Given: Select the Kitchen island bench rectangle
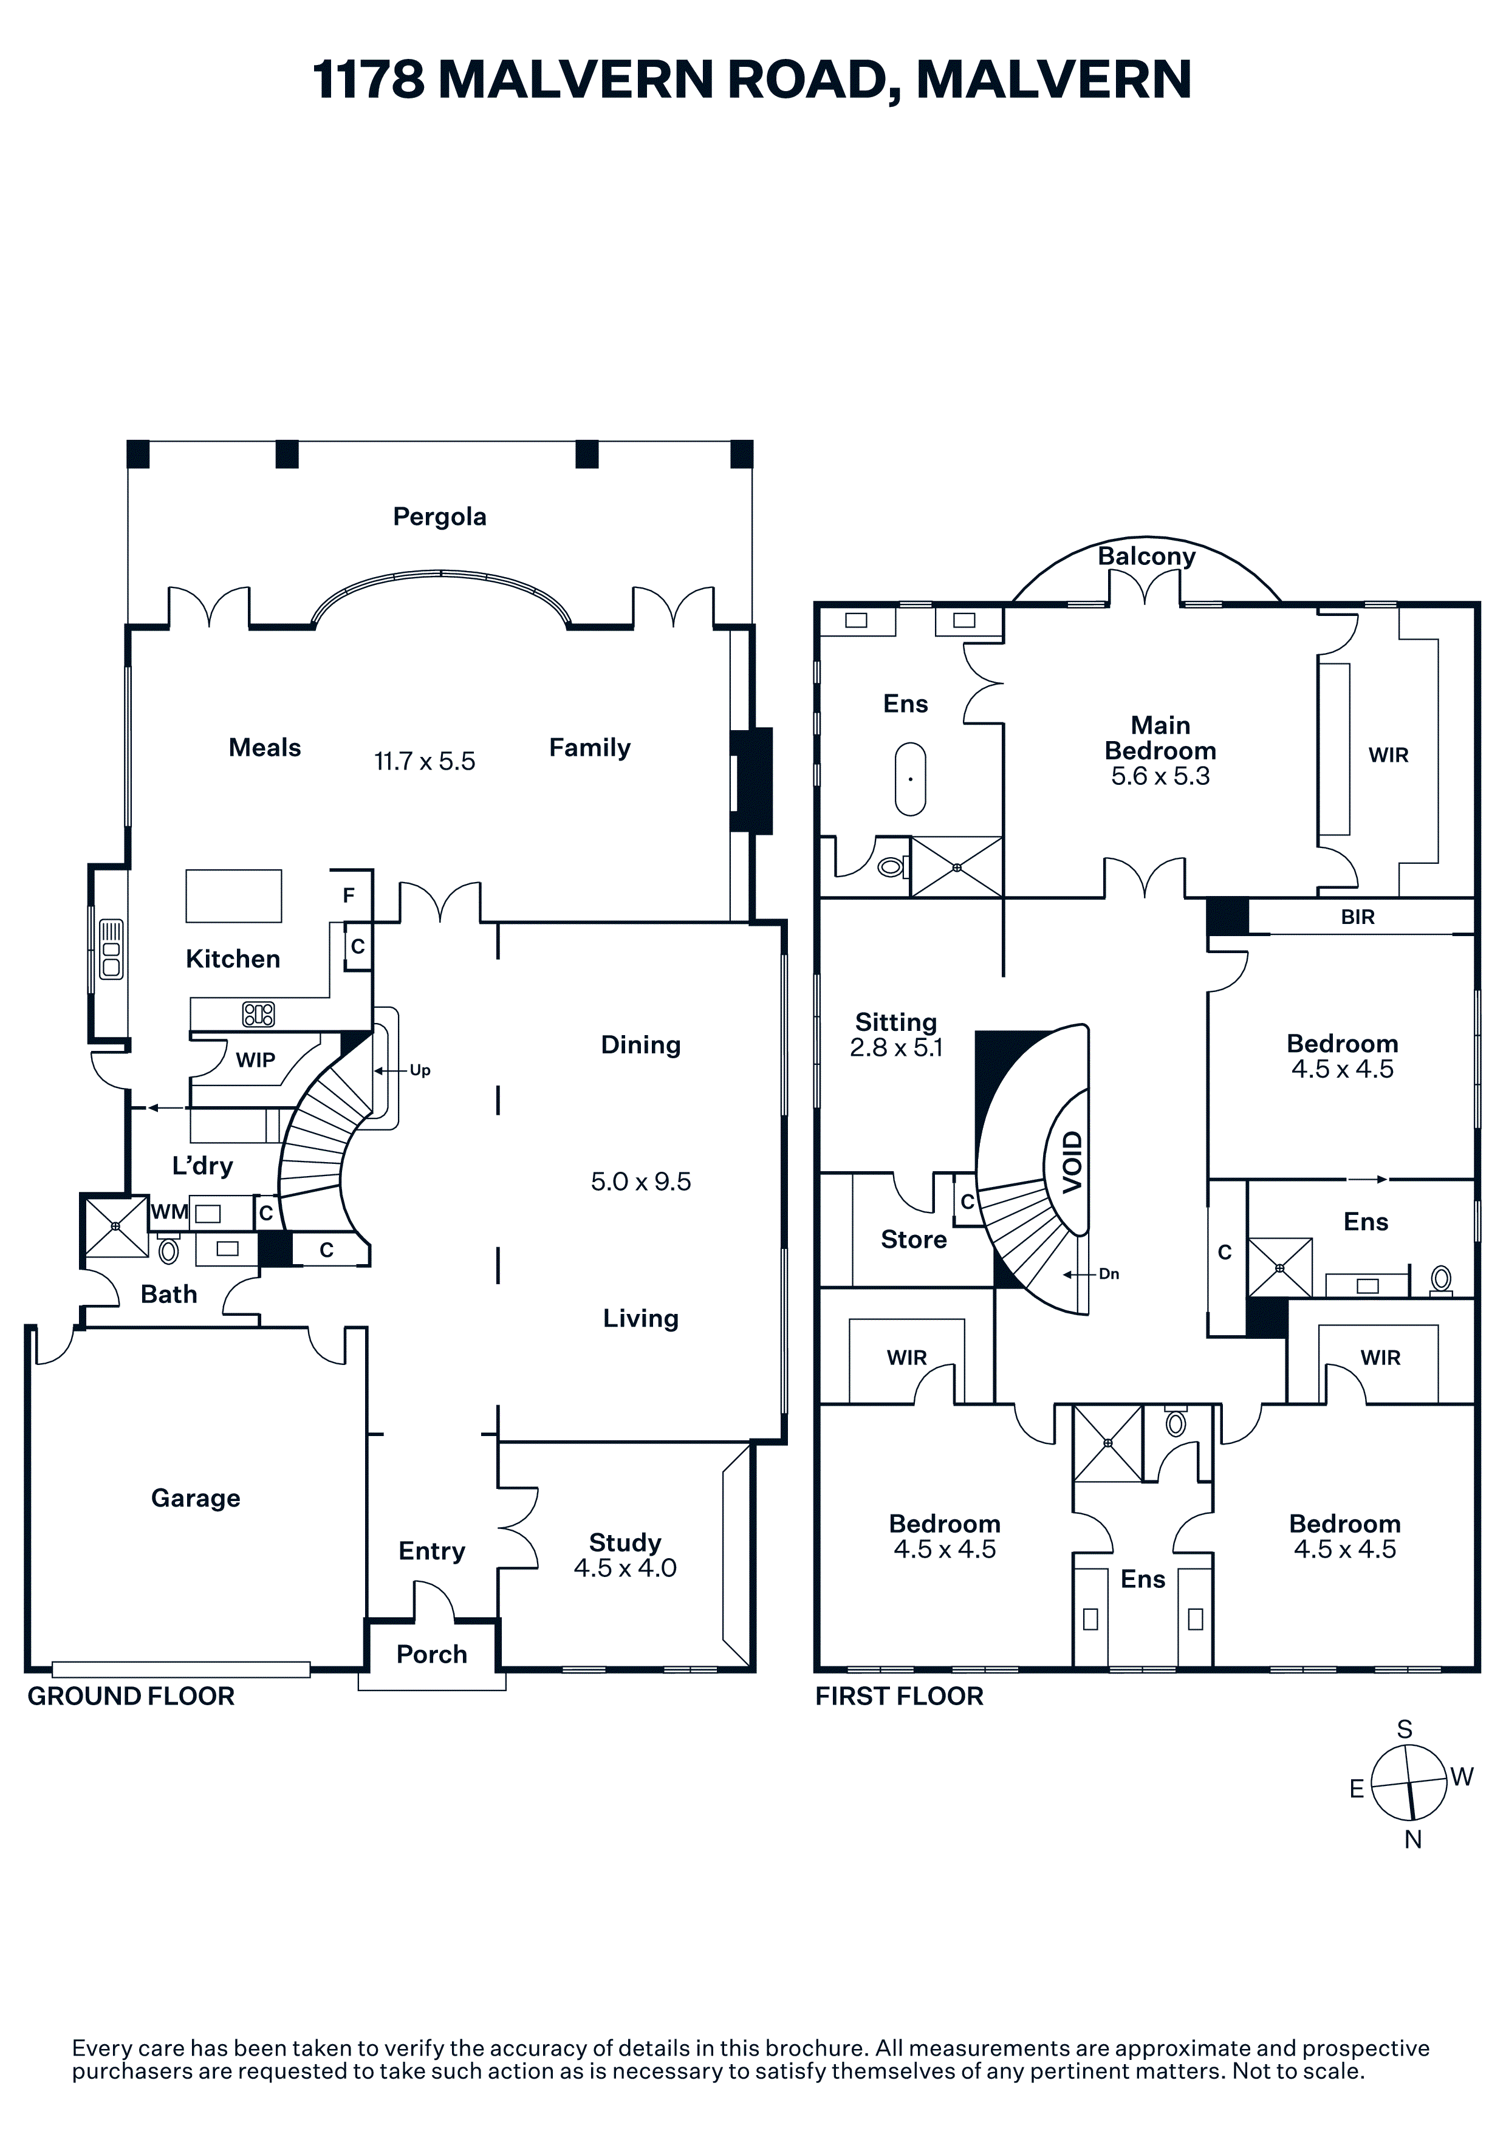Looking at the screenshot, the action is click(234, 895).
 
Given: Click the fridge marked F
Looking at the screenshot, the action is click(349, 895).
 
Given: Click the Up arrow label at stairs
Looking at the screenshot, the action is click(420, 1070).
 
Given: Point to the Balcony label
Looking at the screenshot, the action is click(1147, 557).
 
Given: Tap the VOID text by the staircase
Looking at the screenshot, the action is click(1073, 1162).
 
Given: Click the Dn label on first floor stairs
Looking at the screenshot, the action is click(1109, 1274).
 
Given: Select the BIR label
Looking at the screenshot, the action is click(1358, 917).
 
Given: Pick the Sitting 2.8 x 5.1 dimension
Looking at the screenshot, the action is click(896, 1048).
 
